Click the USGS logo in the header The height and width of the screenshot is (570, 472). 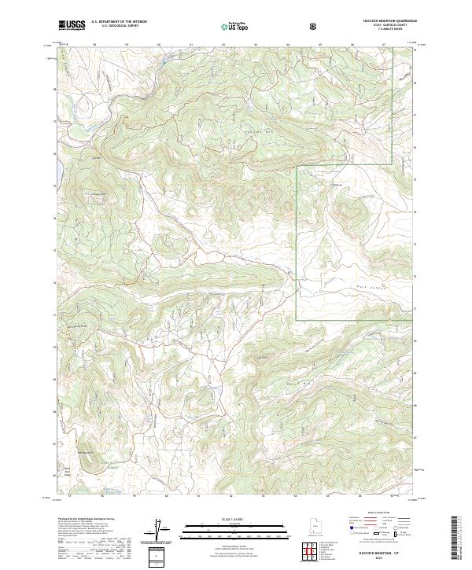coord(72,26)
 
